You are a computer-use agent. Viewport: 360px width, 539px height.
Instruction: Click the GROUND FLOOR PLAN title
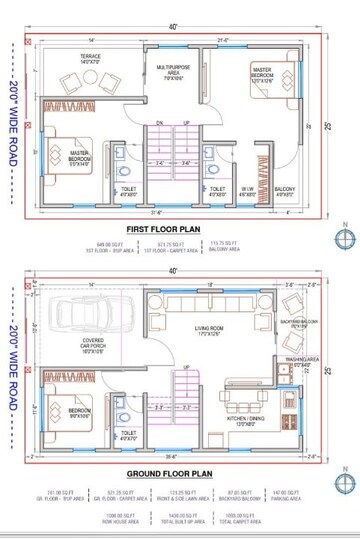[x=173, y=474]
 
